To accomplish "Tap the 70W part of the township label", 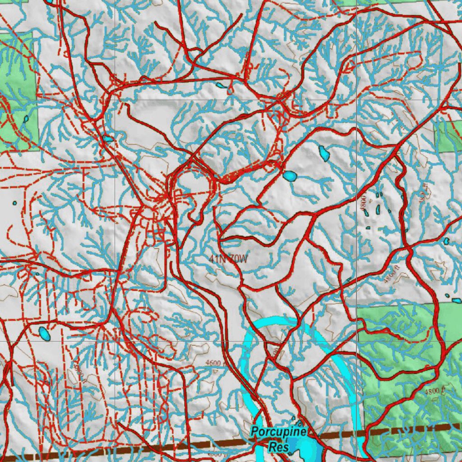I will (x=238, y=259).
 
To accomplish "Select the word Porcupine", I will (x=279, y=432).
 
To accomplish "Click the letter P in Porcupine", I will (x=255, y=432).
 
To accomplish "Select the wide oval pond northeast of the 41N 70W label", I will (x=290, y=176).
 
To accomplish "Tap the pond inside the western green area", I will (x=26, y=120).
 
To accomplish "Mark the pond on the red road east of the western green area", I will (x=108, y=139).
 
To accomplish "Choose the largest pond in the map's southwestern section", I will (x=44, y=334).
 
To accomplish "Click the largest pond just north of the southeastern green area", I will (x=457, y=300).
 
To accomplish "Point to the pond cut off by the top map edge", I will (x=49, y=2).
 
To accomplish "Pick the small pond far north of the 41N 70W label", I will (x=220, y=85).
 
